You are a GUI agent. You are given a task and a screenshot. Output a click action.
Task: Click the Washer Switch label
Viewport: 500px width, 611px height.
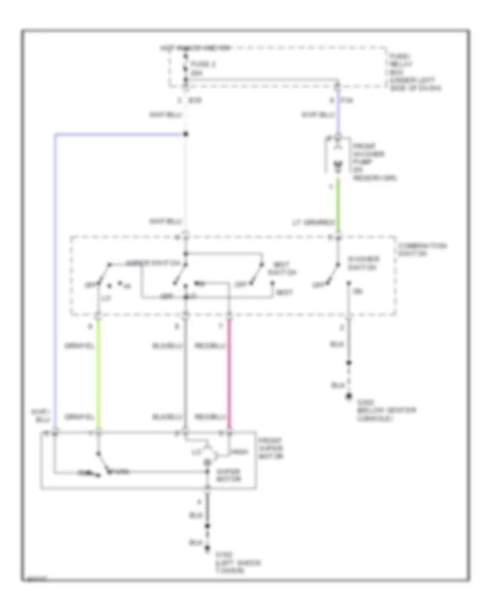[363, 263]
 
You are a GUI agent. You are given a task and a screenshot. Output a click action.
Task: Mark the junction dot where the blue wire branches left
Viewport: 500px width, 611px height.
[186, 134]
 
